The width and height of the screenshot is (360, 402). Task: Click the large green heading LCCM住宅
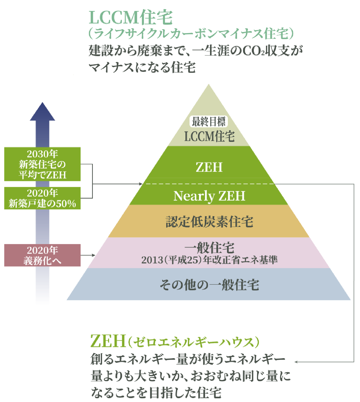tap(131, 18)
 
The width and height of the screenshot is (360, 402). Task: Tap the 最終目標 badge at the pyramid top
tap(208, 122)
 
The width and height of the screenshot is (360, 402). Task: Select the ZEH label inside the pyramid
tap(209, 167)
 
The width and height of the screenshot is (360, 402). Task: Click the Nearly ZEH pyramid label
tap(209, 196)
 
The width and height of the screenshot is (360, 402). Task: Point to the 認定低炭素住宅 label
tap(209, 222)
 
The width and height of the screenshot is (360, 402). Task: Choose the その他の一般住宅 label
tap(209, 285)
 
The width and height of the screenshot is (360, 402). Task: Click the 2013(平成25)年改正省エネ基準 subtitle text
tap(209, 260)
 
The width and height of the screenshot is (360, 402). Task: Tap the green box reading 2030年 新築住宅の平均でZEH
tap(42, 164)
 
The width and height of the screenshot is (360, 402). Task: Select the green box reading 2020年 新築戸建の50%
tap(42, 198)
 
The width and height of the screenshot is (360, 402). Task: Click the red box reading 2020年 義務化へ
tap(42, 255)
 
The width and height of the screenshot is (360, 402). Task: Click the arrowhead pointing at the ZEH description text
tap(297, 362)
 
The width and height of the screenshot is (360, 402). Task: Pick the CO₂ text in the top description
tap(253, 51)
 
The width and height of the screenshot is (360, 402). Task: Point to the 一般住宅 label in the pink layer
tap(209, 247)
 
